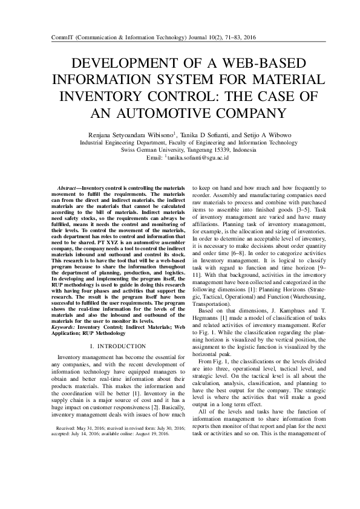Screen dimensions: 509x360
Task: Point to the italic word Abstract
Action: (x=67, y=189)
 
